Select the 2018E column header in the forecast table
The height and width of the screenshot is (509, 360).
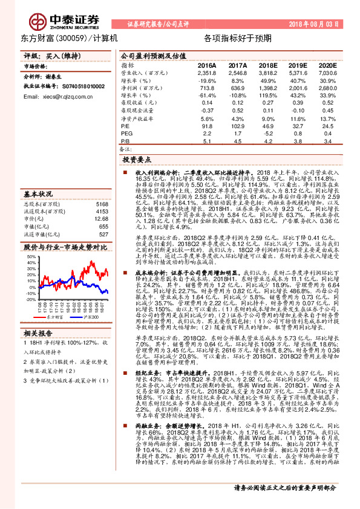pyautogui.click(x=267, y=65)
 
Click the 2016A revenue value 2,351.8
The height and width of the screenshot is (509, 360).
pyautogui.click(x=207, y=73)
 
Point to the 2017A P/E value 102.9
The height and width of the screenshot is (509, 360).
pyautogui.click(x=237, y=126)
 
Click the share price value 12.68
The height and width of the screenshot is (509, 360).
pyautogui.click(x=102, y=210)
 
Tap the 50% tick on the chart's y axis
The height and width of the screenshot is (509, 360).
pyautogui.click(x=31, y=256)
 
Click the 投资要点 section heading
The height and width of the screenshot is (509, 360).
pyautogui.click(x=137, y=160)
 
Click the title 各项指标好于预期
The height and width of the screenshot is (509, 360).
pyautogui.click(x=237, y=38)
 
